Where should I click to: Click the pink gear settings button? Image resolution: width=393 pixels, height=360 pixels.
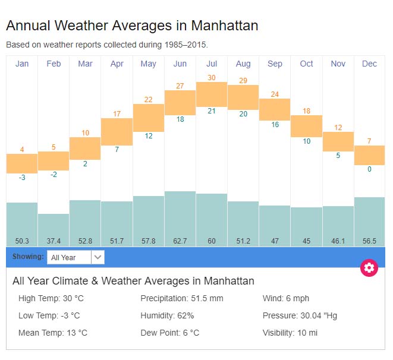[369, 268]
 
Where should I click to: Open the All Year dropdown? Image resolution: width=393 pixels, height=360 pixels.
[76, 257]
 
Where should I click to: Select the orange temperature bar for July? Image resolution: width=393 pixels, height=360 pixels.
[212, 94]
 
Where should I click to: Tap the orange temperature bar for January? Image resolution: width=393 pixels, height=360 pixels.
[22, 163]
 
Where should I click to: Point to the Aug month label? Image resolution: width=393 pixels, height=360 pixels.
[243, 64]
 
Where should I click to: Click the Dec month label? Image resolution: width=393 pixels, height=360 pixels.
[369, 64]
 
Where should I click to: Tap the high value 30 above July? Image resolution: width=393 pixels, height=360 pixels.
[212, 78]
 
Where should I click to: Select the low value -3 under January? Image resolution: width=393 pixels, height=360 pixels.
[22, 177]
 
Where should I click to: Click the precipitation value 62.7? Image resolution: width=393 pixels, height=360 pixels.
[180, 241]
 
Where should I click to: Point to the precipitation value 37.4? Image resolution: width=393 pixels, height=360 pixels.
[54, 241]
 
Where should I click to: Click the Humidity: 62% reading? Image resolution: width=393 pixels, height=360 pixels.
[167, 315]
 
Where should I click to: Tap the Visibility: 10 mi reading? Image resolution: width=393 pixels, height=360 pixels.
[290, 333]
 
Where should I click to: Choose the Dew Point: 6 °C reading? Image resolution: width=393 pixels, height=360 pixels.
[169, 333]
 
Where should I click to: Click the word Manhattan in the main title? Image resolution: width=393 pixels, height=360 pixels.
[224, 26]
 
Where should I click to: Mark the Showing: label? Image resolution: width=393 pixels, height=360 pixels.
[28, 257]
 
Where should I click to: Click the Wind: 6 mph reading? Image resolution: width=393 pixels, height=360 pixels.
[286, 298]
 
